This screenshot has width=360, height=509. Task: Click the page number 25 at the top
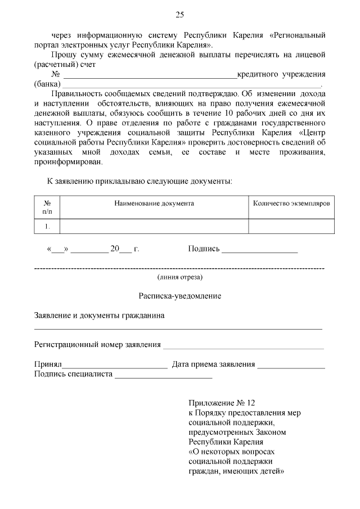pos(180,15)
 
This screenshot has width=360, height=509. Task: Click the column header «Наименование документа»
pos(154,203)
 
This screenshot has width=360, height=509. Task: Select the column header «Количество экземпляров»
pos(291,203)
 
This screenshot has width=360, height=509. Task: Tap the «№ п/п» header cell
pos(47,207)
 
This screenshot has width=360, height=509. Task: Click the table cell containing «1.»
pos(47,226)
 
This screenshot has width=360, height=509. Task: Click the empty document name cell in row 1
pos(154,226)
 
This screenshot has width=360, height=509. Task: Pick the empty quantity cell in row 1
pos(291,226)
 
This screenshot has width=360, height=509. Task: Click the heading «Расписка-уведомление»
pos(180,296)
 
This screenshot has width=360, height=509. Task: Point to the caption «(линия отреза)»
pos(180,277)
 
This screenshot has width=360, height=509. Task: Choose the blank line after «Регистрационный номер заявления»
pos(243,346)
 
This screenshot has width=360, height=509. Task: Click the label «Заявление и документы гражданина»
pos(100,316)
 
